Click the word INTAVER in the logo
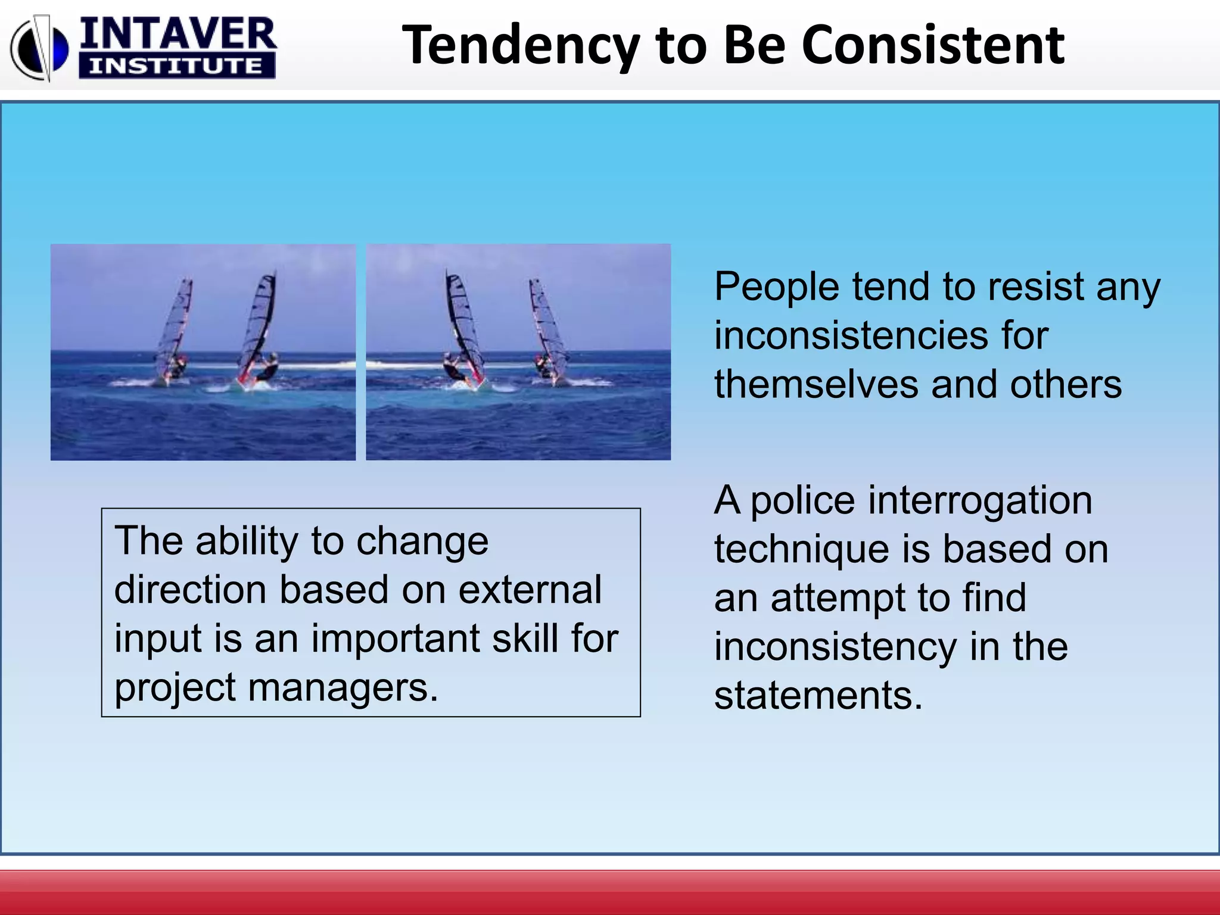point(178,35)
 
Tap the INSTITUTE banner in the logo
point(176,66)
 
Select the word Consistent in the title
point(933,45)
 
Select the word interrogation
point(980,502)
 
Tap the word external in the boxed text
point(530,590)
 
